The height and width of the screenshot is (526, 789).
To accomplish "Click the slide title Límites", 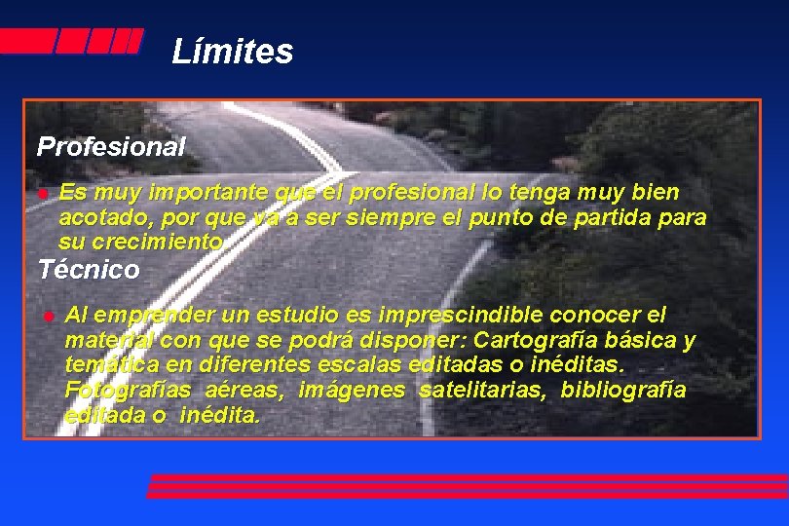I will (232, 51).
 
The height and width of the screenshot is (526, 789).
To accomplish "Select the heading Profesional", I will (110, 147).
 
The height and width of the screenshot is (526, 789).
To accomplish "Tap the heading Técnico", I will (89, 269).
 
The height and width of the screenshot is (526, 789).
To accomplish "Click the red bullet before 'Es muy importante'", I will (43, 195).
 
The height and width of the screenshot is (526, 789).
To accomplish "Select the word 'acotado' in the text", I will (98, 216).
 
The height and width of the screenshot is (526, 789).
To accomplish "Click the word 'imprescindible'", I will (462, 316).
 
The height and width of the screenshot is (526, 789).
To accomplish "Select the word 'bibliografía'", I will (623, 391).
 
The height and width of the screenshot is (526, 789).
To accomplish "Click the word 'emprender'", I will (152, 316).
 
